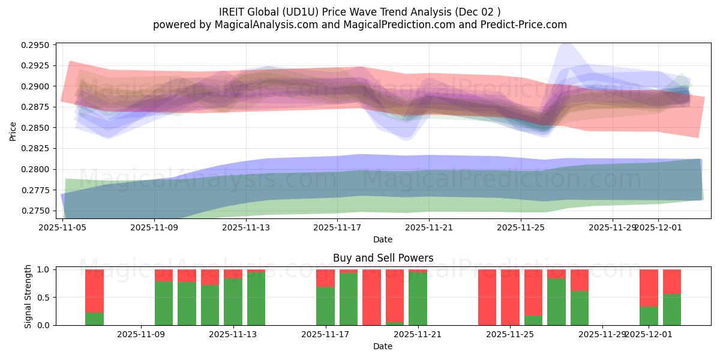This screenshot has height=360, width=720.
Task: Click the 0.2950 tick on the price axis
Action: (37, 46)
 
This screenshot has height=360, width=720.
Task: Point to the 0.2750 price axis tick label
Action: (37, 211)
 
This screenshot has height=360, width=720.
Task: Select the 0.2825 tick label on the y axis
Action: (37, 149)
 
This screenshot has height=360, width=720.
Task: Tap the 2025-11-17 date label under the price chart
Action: (338, 227)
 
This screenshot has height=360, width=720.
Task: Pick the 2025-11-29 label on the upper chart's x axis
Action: (613, 227)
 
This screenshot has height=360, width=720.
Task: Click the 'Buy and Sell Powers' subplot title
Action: (383, 259)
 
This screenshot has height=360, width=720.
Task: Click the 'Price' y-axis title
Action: (13, 130)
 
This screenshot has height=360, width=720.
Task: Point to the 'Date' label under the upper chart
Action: (383, 239)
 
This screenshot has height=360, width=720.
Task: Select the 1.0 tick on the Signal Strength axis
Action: (44, 269)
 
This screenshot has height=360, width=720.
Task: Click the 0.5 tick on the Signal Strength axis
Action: (44, 298)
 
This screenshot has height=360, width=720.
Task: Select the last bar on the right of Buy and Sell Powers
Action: (672, 297)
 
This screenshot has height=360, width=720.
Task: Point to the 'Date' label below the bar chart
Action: (383, 346)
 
